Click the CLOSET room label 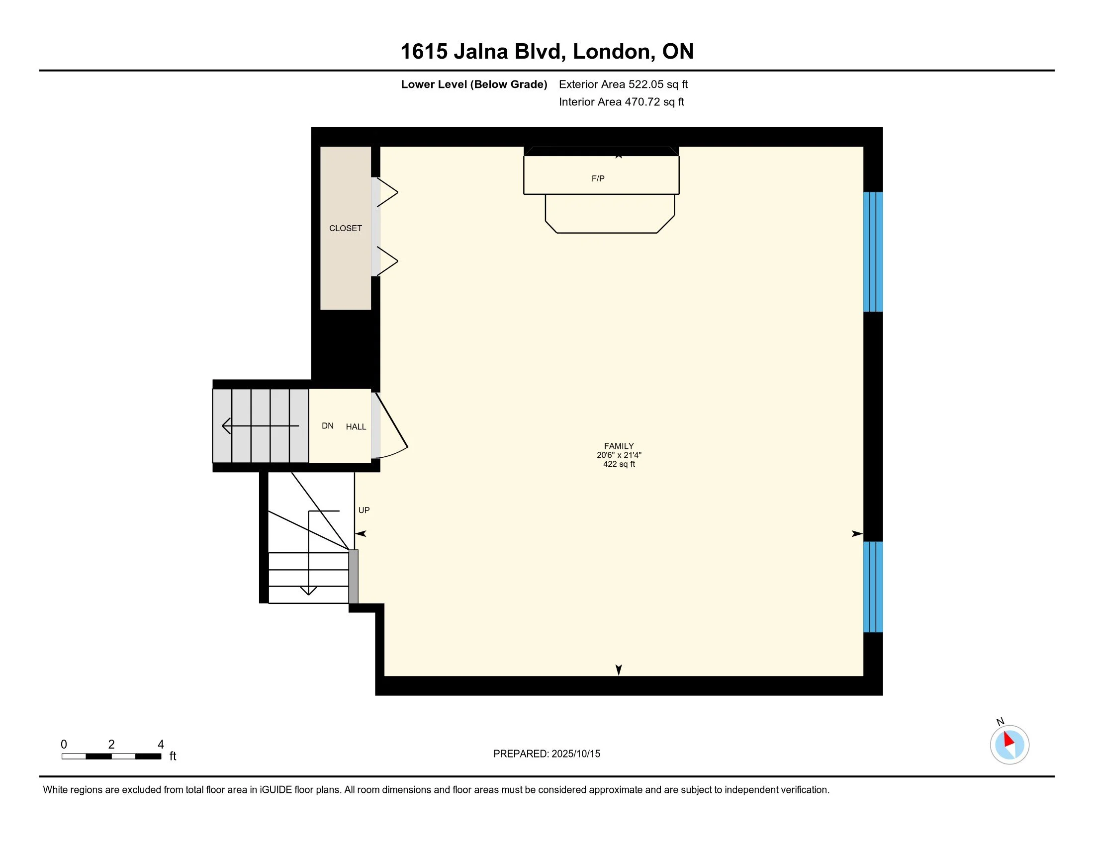click(345, 228)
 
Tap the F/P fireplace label click(598, 179)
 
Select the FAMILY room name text click(619, 446)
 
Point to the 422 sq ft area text click(619, 464)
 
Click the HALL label click(356, 427)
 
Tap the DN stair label click(328, 426)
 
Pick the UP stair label click(364, 510)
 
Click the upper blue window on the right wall click(873, 252)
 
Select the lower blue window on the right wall click(873, 587)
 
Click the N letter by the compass click(1000, 722)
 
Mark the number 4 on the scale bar click(161, 745)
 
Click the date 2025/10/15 click(576, 754)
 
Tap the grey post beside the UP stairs click(353, 577)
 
